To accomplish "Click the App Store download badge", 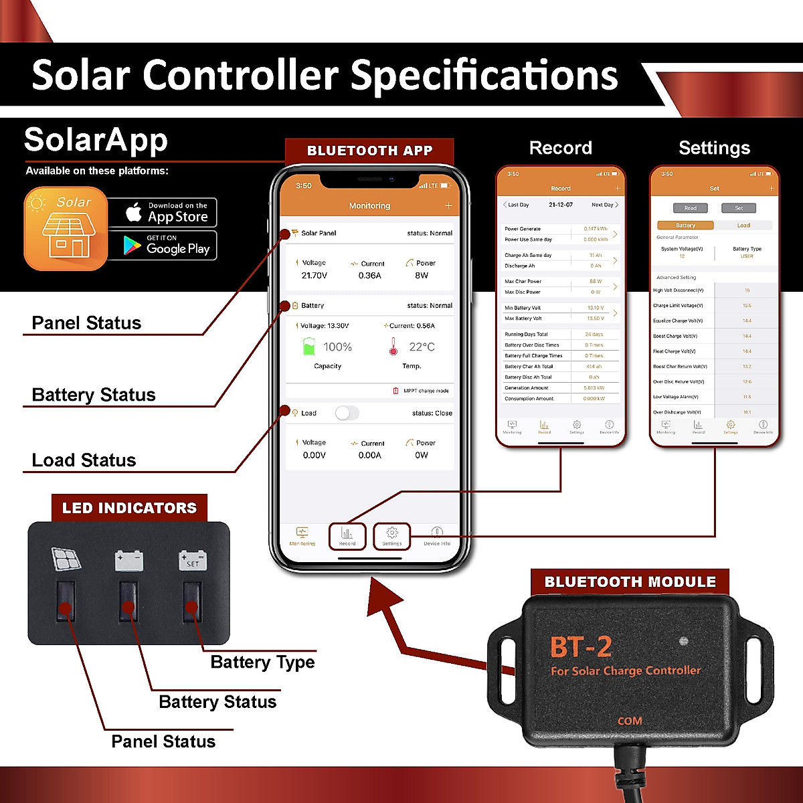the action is pyautogui.click(x=162, y=213).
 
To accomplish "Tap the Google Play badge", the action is pyautogui.click(x=162, y=246).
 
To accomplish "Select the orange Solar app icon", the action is pyautogui.click(x=66, y=228).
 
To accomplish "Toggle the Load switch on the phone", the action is pyautogui.click(x=347, y=413).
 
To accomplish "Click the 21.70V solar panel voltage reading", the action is pyautogui.click(x=314, y=276).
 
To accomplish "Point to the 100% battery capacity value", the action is pyautogui.click(x=337, y=347).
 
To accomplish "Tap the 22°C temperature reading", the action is pyautogui.click(x=422, y=347).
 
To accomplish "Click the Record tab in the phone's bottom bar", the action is pyautogui.click(x=347, y=536).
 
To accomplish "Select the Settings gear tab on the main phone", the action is pyautogui.click(x=391, y=536).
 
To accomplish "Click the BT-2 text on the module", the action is pyautogui.click(x=581, y=647).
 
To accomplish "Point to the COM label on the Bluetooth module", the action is pyautogui.click(x=630, y=721).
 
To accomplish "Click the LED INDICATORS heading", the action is pyautogui.click(x=129, y=508).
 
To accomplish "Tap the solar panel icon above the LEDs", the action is pyautogui.click(x=66, y=559).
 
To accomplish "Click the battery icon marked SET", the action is pyautogui.click(x=193, y=560).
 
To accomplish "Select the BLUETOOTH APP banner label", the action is pyautogui.click(x=369, y=151).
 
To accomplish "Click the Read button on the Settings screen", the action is pyautogui.click(x=690, y=208).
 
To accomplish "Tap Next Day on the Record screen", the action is pyautogui.click(x=604, y=205).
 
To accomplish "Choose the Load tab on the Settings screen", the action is pyautogui.click(x=743, y=226).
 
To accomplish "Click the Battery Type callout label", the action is pyautogui.click(x=262, y=662).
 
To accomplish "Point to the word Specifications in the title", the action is pyautogui.click(x=484, y=75).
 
